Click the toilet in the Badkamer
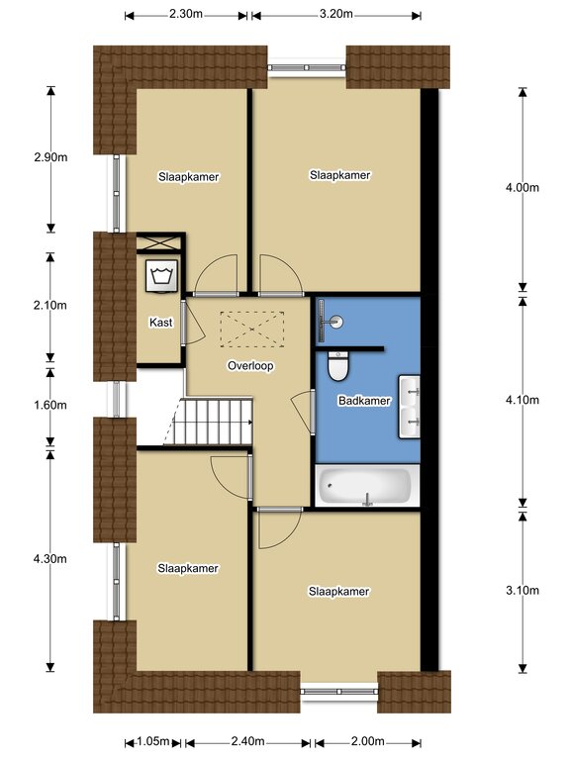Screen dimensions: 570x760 (338, 366)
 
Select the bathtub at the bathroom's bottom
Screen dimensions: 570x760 (367, 486)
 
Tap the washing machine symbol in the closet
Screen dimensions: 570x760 (162, 276)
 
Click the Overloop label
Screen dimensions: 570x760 (250, 365)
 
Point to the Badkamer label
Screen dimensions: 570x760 (364, 401)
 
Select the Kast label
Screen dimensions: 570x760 (161, 323)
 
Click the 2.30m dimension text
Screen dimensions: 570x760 (186, 14)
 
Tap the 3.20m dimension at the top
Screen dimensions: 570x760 (335, 14)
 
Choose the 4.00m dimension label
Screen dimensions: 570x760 (522, 188)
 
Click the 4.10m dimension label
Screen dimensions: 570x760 (522, 400)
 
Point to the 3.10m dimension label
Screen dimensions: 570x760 (522, 591)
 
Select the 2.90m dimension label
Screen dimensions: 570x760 (50, 157)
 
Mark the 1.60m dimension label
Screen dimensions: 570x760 (50, 405)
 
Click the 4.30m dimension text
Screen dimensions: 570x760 (50, 559)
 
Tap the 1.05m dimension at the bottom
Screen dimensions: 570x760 (152, 741)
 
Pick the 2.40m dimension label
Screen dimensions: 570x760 (247, 741)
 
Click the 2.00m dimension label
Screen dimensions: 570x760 (367, 741)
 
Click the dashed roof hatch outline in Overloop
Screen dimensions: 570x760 (252, 330)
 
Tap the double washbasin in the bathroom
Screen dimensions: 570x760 (409, 407)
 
